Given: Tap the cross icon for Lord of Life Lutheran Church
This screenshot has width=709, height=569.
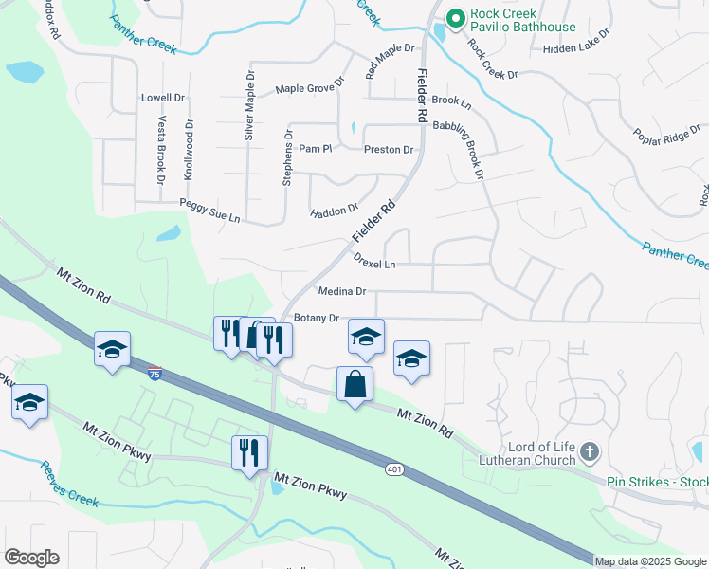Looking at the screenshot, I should click(590, 452).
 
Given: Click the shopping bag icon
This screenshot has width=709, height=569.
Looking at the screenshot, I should click(354, 384).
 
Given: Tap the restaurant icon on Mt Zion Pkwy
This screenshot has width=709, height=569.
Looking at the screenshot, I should click(249, 451).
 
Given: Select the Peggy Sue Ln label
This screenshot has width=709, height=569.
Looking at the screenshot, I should click(209, 210).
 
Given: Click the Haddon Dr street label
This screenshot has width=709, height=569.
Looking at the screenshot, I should click(335, 210).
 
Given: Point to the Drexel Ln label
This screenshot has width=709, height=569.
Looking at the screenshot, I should click(373, 260).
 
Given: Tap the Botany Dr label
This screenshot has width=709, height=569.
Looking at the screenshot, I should click(317, 318).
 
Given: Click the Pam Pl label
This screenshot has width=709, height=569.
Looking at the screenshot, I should click(314, 149).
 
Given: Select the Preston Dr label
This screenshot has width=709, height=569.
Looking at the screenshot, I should click(389, 150).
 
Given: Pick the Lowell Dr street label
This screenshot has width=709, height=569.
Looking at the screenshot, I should click(163, 98).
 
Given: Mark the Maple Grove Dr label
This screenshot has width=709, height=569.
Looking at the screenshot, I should click(306, 89).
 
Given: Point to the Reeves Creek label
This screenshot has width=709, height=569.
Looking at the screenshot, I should click(68, 480).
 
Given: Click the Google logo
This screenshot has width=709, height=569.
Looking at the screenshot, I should click(31, 558).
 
